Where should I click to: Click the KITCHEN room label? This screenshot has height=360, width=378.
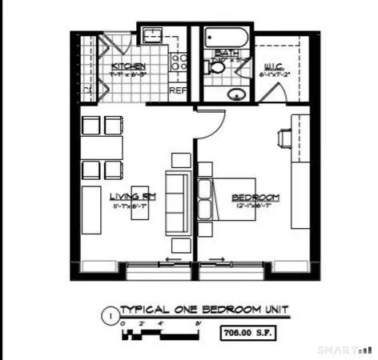[x=127, y=66]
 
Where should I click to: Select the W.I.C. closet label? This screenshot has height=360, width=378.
[x=273, y=66]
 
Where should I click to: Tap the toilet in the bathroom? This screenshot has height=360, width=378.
[x=217, y=70]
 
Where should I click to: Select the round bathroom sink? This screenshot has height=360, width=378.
[x=236, y=95]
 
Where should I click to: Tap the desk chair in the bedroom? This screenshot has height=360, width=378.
[x=283, y=137]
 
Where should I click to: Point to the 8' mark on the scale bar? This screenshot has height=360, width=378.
[x=197, y=323]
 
